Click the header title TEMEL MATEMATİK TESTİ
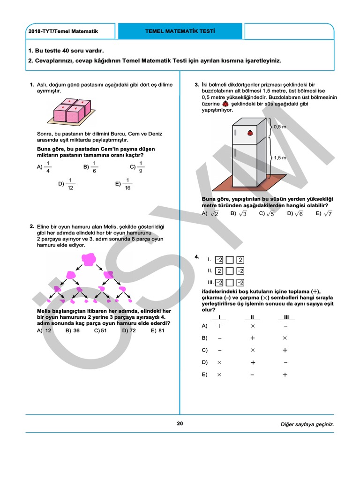(180, 31)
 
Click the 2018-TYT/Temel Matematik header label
(64, 31)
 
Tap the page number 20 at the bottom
(180, 424)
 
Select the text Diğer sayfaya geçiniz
(307, 424)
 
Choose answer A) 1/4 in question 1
(44, 166)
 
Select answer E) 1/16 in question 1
(124, 184)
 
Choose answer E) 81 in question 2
(157, 330)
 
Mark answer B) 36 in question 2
(73, 330)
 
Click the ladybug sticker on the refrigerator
(251, 133)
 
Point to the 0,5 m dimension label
(280, 127)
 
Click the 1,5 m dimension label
(280, 158)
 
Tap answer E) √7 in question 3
(324, 213)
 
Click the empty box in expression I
(230, 260)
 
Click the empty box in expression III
(230, 282)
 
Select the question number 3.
(197, 85)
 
